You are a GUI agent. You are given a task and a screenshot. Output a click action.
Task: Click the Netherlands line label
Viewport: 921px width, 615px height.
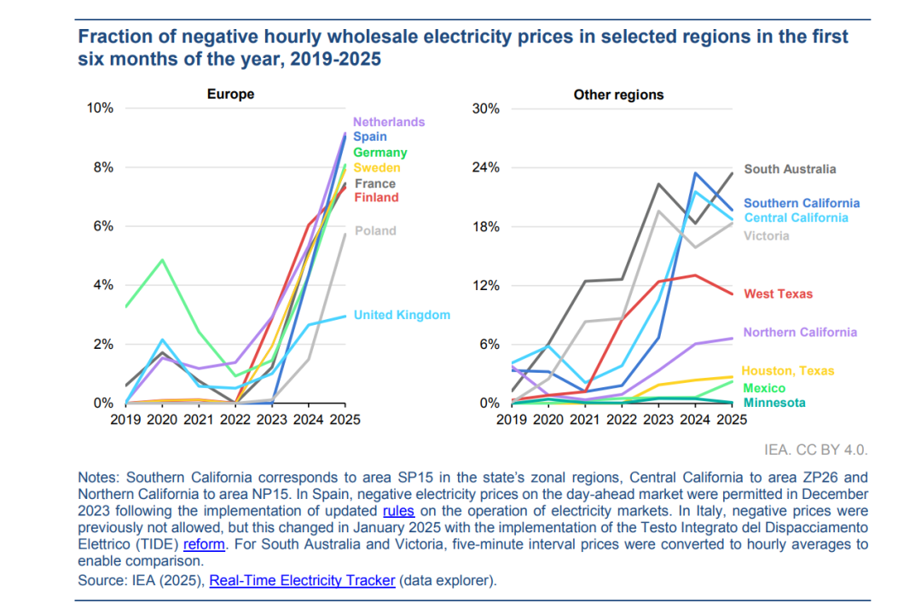pos(389,122)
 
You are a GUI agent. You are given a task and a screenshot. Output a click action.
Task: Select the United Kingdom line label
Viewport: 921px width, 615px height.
pos(402,316)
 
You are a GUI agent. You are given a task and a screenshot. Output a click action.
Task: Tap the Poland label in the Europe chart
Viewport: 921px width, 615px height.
pos(375,230)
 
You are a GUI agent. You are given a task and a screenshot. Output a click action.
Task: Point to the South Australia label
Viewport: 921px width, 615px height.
pos(790,169)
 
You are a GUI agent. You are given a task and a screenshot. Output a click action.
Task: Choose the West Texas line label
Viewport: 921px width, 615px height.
pos(778,294)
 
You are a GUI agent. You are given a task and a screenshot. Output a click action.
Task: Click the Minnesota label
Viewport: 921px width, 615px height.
pos(774,403)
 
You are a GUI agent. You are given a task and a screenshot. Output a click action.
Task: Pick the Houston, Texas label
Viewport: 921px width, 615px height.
pos(787,371)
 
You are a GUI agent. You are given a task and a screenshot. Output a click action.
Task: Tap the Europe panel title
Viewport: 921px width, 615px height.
pos(230,95)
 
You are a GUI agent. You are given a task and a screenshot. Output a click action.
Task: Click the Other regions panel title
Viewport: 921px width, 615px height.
pos(618,95)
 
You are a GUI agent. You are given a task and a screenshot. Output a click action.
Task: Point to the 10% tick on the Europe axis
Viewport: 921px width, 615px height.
pos(101,108)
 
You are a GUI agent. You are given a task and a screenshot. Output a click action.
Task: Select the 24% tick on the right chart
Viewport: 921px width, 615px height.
pos(486,167)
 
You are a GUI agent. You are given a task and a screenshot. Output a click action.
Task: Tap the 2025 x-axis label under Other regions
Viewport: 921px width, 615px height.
pos(731,420)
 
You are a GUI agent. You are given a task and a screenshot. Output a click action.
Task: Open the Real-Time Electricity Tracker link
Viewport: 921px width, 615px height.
pos(302,581)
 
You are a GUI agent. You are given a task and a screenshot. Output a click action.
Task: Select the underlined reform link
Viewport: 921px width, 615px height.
pos(204,544)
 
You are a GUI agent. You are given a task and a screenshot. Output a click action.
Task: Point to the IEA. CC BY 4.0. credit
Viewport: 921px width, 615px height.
pos(818,450)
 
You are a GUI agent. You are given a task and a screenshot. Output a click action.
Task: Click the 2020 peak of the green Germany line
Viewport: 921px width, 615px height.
pos(162,260)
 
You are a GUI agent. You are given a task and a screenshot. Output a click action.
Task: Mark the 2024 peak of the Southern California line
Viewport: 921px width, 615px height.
pos(696,173)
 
